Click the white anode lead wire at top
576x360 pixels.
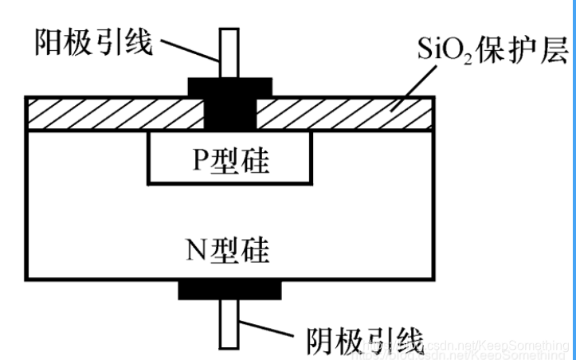[229, 53]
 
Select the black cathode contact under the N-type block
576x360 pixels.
[229, 289]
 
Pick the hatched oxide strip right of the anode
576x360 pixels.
[343, 112]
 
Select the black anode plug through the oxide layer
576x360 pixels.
[229, 112]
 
